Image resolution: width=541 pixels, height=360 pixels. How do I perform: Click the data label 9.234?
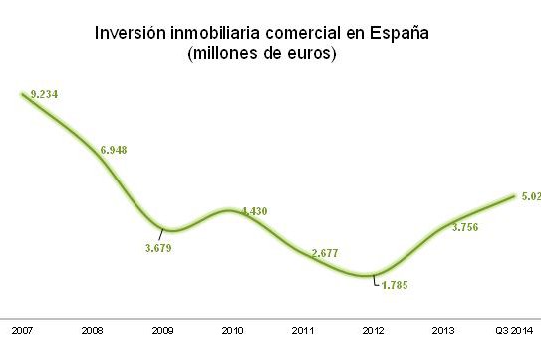[x=44, y=93]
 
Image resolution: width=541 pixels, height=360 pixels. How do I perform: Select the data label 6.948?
[x=113, y=150]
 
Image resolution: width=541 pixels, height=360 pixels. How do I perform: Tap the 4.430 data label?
[x=253, y=211]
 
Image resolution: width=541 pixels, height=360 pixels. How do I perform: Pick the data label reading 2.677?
[x=325, y=253]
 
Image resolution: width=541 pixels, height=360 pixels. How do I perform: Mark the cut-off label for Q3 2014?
[x=530, y=197]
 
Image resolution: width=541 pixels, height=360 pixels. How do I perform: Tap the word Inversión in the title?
[x=131, y=32]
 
